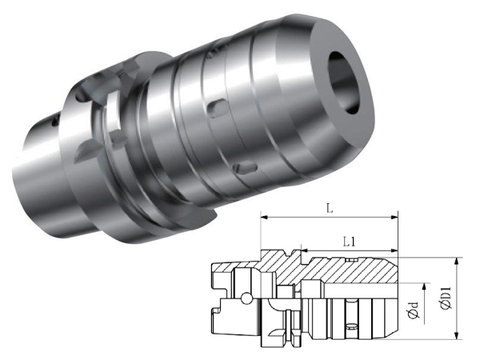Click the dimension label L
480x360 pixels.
(x=330, y=209)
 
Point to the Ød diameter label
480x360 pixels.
(x=414, y=310)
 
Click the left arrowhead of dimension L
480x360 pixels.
(x=264, y=218)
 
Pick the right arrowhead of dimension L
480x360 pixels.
(x=394, y=218)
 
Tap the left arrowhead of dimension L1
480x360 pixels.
(x=305, y=250)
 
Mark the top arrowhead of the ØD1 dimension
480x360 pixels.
(x=457, y=262)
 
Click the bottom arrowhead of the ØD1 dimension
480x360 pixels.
(x=457, y=335)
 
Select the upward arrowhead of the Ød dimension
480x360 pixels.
(x=424, y=287)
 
